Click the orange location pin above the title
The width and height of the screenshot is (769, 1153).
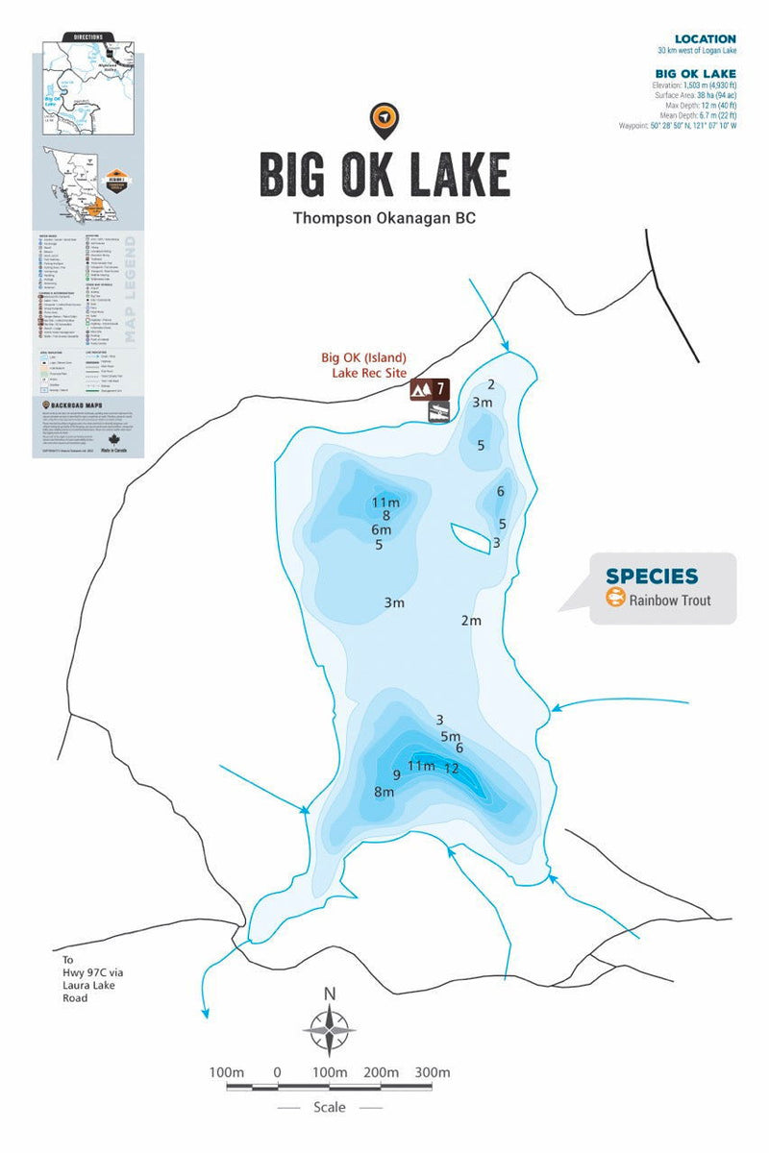tap(384, 118)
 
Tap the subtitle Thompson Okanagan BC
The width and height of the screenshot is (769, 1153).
tap(384, 218)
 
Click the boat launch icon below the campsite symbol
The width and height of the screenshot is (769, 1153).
tap(437, 412)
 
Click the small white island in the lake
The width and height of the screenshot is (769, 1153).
tap(469, 536)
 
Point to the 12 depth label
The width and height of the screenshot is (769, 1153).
tap(451, 769)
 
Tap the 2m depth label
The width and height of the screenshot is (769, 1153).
tap(470, 621)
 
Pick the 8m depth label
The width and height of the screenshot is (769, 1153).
tap(384, 793)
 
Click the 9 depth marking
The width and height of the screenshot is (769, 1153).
tap(396, 774)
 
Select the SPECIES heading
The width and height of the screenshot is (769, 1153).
tap(651, 576)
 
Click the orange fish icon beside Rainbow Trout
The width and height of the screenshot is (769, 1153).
tap(615, 599)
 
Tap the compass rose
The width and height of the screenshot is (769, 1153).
tap(329, 1028)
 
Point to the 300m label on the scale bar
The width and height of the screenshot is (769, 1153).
tap(433, 1072)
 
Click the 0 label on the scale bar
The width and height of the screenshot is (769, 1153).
tap(277, 1072)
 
